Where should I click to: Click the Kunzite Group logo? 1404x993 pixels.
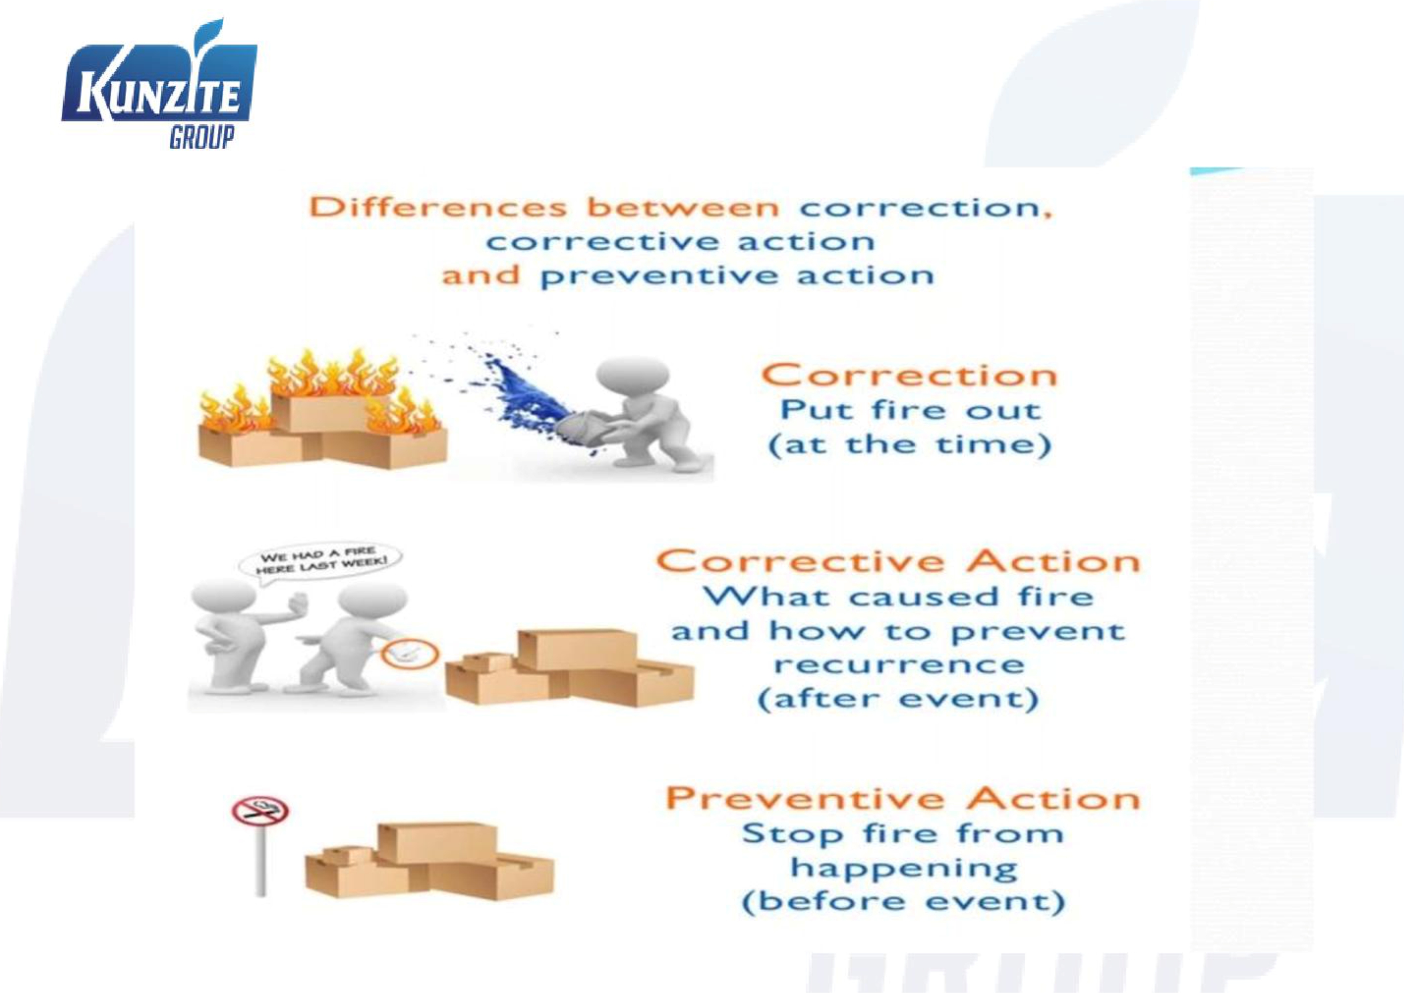(159, 86)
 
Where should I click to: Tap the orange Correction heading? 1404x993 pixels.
(909, 375)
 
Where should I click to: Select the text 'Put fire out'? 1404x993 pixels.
(910, 410)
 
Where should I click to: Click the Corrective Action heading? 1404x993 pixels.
(898, 561)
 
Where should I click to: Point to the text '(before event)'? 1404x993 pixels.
(903, 902)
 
